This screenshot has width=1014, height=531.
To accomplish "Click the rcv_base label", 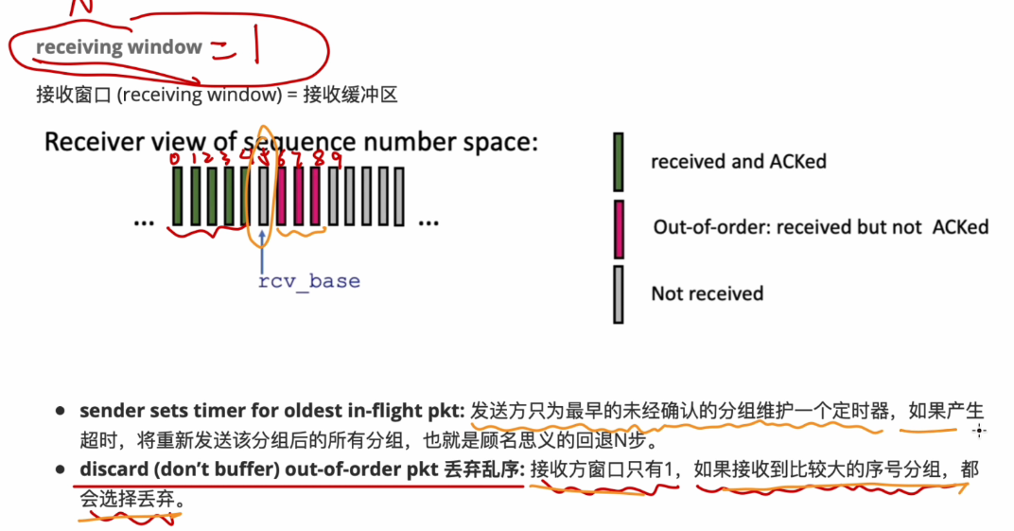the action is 308,281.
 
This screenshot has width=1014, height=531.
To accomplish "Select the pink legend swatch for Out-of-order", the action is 619,228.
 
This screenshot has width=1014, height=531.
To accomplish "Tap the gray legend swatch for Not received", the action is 619,293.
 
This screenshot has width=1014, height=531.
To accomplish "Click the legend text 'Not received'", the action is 707,293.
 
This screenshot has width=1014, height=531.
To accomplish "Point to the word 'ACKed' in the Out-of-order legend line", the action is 960,227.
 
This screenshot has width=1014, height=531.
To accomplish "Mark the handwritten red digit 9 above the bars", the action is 334,158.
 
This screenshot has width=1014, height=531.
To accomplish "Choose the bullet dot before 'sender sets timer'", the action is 61,412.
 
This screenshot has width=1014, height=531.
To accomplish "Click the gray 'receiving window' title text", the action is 119,47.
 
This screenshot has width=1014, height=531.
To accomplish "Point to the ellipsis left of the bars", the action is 144,222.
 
